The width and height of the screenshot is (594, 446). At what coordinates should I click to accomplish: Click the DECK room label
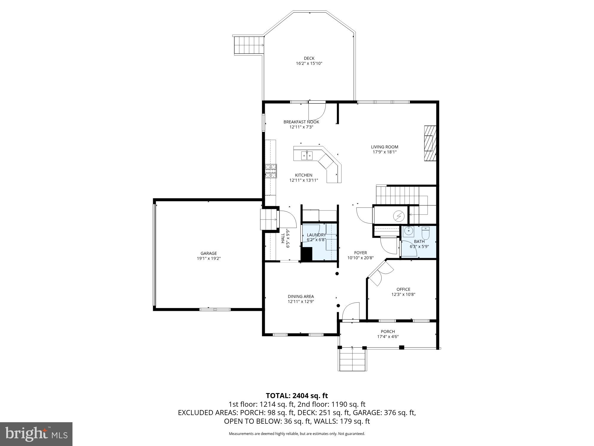point(309,58)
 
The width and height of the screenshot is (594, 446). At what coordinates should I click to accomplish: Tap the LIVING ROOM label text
point(384,147)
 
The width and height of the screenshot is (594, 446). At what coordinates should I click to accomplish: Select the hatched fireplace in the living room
point(430,143)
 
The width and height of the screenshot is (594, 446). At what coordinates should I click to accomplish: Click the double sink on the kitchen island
point(307,155)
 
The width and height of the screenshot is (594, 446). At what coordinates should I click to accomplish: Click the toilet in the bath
point(426,233)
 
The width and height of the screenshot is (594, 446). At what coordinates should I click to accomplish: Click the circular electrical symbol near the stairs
point(398,216)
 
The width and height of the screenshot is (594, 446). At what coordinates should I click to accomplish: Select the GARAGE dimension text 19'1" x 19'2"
point(208,259)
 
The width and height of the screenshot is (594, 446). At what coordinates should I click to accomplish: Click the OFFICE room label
point(403,289)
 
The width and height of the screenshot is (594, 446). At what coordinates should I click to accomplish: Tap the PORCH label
point(388,332)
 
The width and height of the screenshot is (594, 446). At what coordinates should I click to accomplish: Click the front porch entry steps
point(352,360)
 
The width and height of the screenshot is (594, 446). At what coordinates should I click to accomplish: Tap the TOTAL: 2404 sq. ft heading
point(297,396)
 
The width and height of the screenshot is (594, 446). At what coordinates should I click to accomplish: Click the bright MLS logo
point(36,434)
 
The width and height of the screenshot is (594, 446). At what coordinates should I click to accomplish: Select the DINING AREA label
point(301,296)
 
